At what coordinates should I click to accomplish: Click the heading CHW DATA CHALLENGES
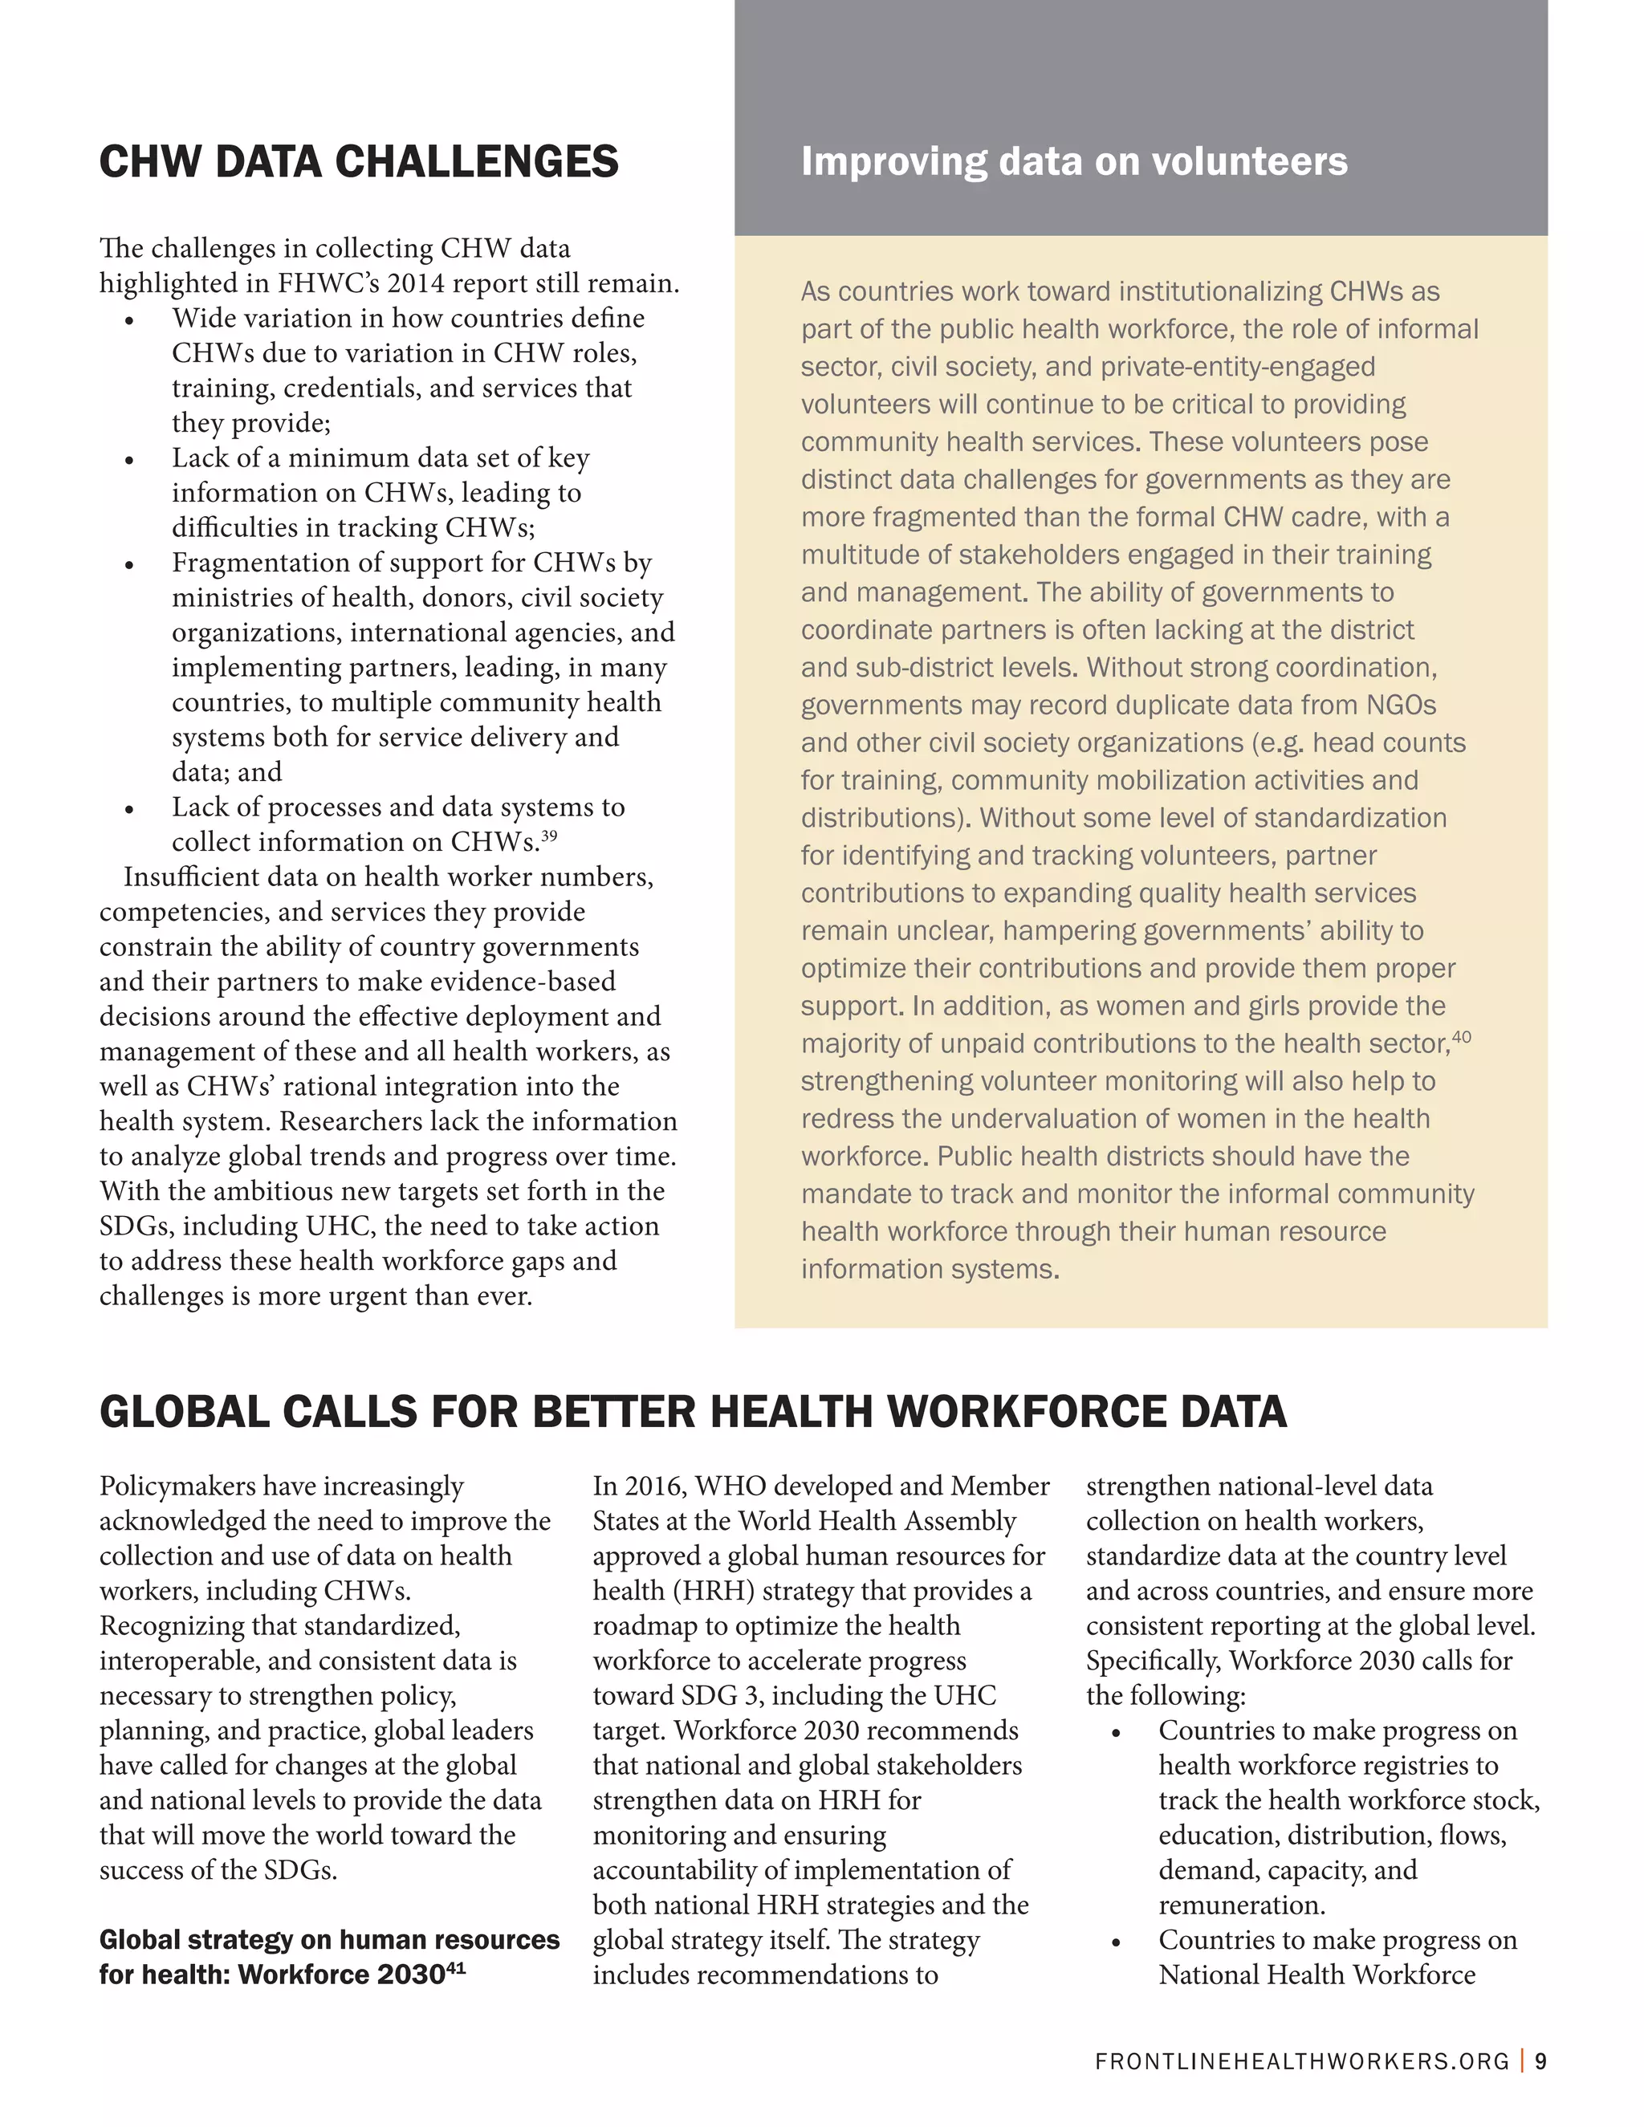[358, 161]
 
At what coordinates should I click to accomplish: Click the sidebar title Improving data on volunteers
[1073, 161]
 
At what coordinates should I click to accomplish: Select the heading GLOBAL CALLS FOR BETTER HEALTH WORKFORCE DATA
[693, 1412]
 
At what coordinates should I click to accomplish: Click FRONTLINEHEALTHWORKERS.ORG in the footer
[1301, 2062]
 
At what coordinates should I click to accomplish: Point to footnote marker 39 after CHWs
[548, 836]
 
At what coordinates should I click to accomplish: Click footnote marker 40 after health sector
[1461, 1038]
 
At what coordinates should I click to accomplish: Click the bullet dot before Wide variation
[128, 320]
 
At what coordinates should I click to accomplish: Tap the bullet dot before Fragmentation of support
[128, 565]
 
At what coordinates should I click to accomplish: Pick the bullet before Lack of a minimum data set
[128, 460]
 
